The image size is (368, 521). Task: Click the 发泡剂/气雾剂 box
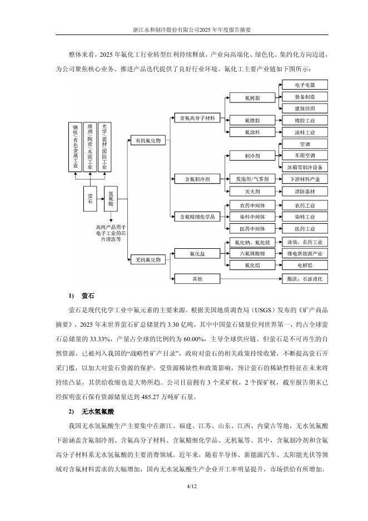252,179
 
